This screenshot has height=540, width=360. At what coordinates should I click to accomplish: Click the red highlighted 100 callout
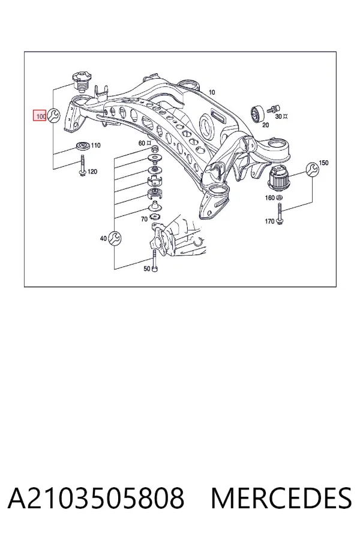tap(40, 116)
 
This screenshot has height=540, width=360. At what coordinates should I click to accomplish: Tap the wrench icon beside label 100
tap(53, 115)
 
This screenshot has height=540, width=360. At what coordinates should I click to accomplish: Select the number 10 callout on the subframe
tap(212, 92)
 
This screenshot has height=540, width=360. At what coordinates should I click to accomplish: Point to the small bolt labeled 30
tap(272, 108)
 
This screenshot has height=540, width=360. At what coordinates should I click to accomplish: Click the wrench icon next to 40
tap(114, 238)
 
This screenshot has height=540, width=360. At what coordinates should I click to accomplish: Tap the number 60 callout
tap(142, 143)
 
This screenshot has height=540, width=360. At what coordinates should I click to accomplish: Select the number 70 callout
tap(144, 219)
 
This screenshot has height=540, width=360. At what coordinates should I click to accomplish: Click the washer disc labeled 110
tap(83, 146)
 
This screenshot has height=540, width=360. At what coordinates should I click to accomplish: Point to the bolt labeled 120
tap(83, 166)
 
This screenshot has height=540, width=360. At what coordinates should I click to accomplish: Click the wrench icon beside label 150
tap(313, 169)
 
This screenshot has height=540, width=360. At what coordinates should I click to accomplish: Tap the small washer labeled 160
tap(280, 197)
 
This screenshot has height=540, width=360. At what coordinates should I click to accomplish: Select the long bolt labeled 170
tap(280, 214)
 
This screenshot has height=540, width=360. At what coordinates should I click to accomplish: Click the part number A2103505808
tap(96, 499)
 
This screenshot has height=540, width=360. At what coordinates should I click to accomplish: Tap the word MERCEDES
tap(281, 499)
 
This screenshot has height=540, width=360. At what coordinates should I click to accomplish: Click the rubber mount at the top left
tap(80, 82)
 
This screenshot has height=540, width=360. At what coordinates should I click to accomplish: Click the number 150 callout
tap(324, 163)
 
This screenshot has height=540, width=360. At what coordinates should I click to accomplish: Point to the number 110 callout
tap(95, 145)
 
